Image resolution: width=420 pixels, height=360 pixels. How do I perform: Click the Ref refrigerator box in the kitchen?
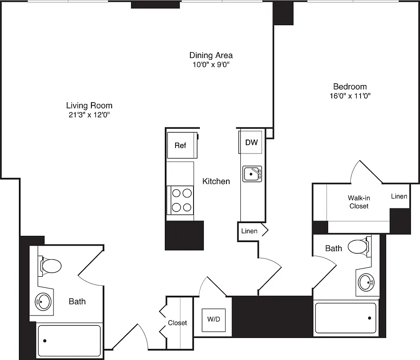pos(181,145)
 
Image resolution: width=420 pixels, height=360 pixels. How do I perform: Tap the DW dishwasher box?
pos(251,143)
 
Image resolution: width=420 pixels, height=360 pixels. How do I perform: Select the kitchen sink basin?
pos(252,174)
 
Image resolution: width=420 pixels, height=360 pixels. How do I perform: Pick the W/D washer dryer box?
pos(213,320)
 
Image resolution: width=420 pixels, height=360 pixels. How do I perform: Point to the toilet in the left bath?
pos(51,265)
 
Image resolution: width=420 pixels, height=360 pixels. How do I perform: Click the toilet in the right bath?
pos(359,247)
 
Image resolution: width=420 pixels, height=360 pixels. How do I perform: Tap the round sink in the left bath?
pos(44,301)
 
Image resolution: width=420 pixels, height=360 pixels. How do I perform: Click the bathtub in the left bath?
pos(69,341)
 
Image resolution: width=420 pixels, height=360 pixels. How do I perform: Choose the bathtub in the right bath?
pos(345,318)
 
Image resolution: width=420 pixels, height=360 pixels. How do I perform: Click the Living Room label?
pos(89,106)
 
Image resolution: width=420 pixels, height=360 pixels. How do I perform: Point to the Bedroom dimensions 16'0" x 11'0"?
pos(350,96)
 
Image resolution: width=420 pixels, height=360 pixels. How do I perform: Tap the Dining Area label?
pos(211,55)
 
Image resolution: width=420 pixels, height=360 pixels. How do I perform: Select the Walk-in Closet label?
pos(358,202)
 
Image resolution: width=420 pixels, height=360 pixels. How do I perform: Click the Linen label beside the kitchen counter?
pos(249,231)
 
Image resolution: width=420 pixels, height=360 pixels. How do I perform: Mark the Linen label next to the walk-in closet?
pos(399,196)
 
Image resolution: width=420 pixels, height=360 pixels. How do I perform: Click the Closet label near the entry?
pos(177,323)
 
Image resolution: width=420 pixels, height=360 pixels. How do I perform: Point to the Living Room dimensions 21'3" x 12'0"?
pos(89,115)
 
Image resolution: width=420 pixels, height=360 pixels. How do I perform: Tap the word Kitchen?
pos(216,181)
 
